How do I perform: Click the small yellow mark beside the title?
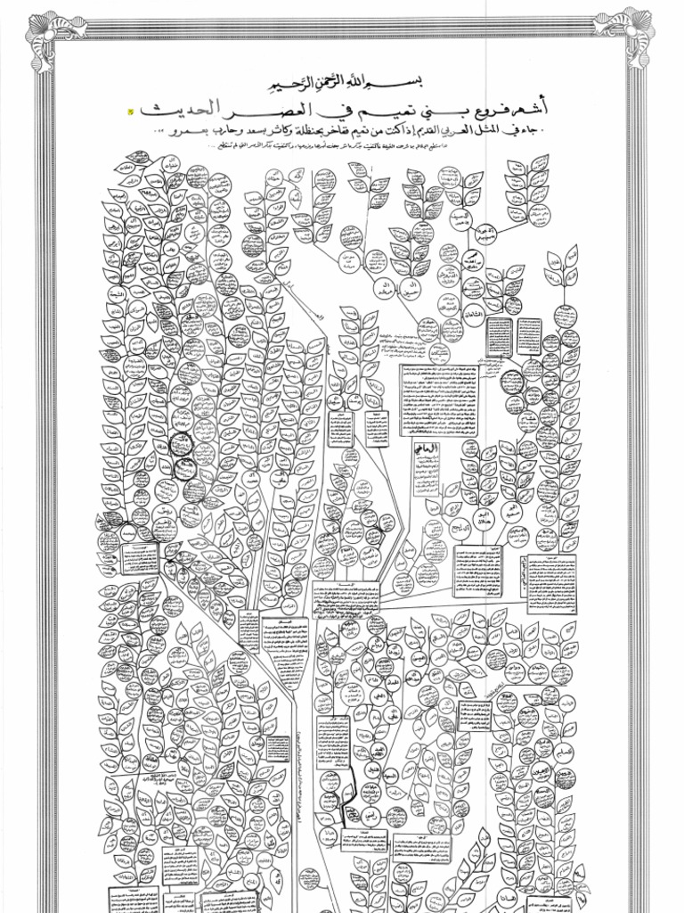coord(130,111)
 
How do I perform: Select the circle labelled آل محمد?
coord(489,234)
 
